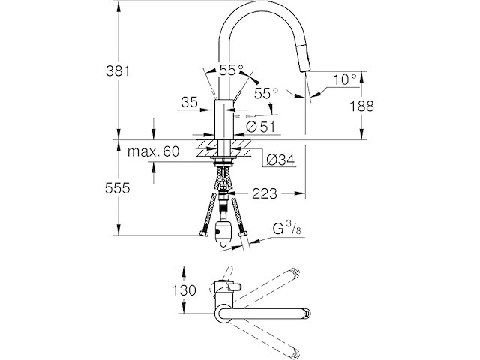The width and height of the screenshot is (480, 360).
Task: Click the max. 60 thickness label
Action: click(x=154, y=152)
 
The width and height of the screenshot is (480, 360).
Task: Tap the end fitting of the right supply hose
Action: click(x=244, y=237)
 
